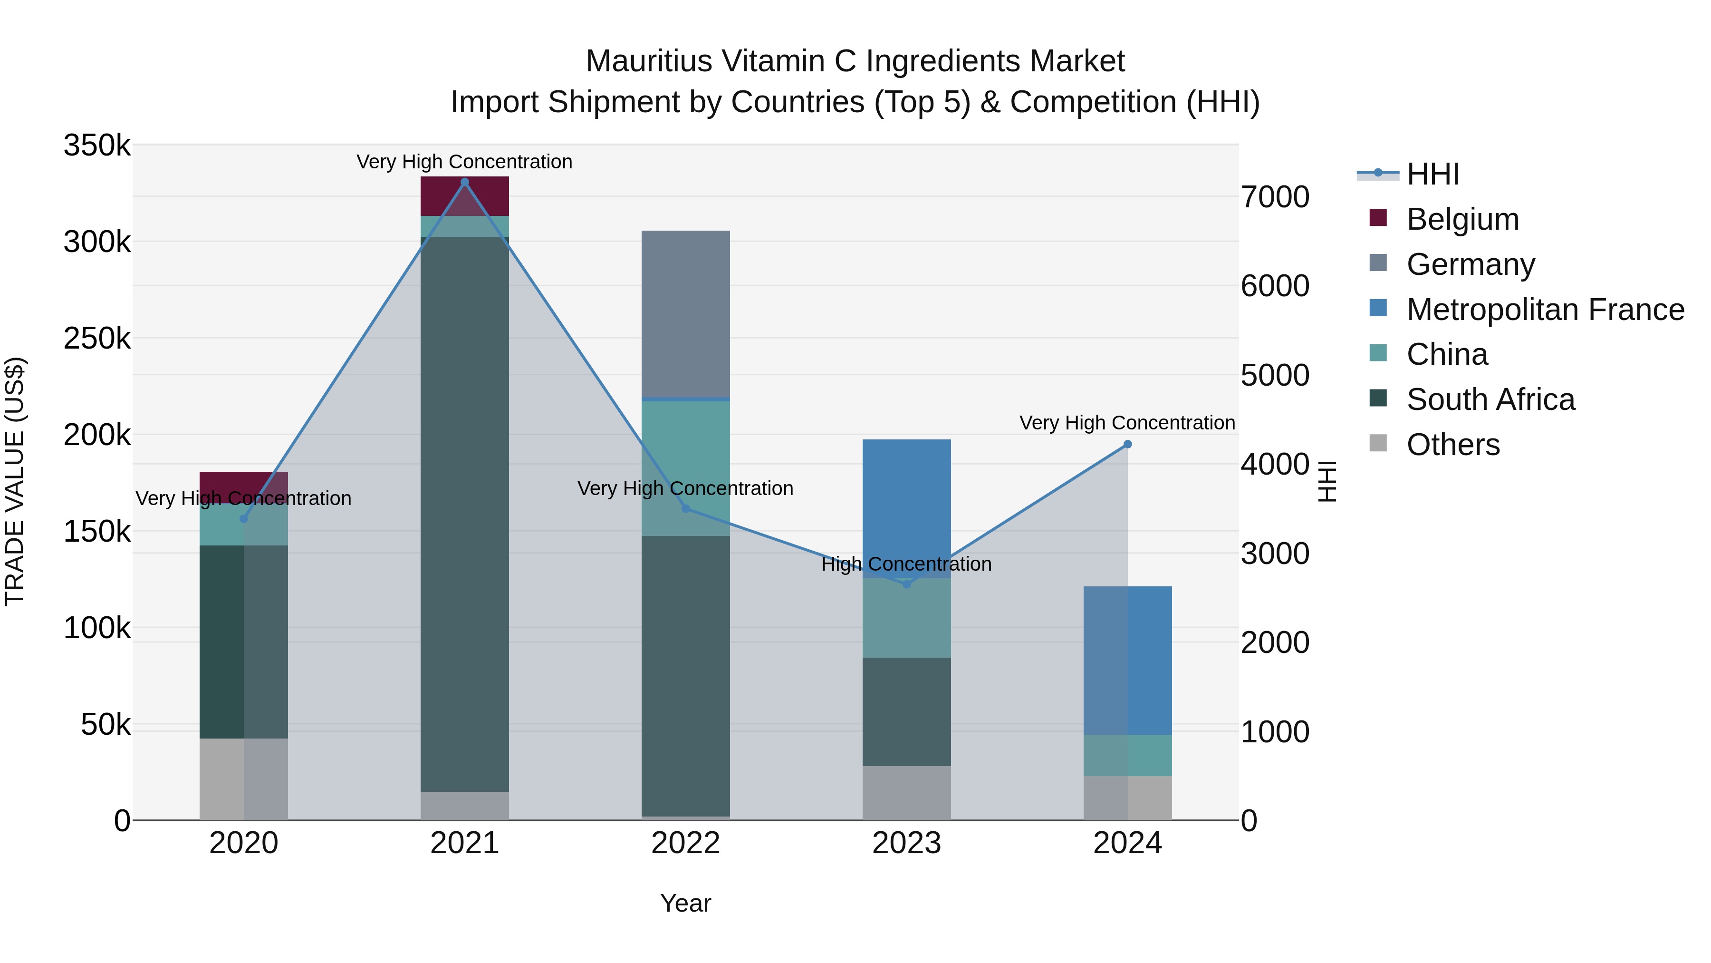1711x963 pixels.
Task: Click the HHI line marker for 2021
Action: pos(464,182)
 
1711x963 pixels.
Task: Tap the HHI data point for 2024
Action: pos(1127,445)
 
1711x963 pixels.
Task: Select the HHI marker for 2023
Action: pos(907,584)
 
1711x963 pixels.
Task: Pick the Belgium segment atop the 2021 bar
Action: pos(464,196)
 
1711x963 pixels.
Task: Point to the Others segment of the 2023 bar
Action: pos(907,793)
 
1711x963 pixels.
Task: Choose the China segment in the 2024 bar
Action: pos(1127,755)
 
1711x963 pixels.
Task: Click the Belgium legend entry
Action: pos(1462,219)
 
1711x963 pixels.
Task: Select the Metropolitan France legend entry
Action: pos(1545,310)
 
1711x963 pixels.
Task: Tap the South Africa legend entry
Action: pos(1490,399)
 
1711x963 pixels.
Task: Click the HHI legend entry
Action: pos(1432,174)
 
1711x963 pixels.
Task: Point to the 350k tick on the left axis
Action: pos(97,146)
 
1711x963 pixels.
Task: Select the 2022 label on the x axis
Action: pos(685,843)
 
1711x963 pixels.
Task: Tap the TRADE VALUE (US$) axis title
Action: pos(15,481)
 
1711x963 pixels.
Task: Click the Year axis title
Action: pos(685,903)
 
